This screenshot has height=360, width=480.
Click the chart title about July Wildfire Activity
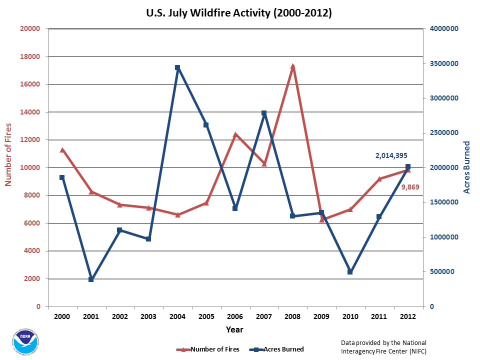(239, 13)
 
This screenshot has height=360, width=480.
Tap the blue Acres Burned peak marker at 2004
(177, 67)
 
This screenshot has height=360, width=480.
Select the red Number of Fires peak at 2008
(292, 66)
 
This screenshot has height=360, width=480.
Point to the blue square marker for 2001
(91, 279)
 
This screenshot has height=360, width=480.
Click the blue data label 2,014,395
(394, 156)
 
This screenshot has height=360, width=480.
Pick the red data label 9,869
(410, 187)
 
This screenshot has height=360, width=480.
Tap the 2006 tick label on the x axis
(235, 317)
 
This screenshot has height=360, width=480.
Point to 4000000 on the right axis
(442, 29)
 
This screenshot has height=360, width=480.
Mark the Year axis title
(234, 329)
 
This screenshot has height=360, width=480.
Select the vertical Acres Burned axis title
(467, 167)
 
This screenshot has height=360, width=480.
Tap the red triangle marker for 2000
(62, 150)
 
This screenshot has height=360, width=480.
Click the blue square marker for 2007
(264, 113)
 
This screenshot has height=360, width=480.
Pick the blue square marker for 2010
(350, 272)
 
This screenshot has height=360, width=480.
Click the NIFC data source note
(383, 346)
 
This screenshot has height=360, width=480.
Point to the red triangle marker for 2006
(235, 134)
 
